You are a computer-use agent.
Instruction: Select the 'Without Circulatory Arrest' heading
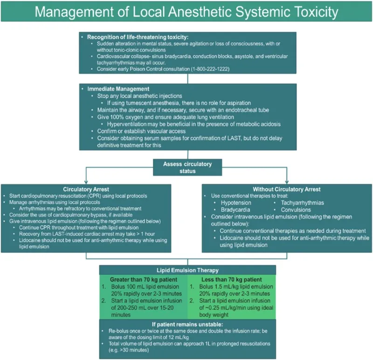tap(287, 190)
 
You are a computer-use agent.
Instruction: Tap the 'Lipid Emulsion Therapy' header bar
tap(186, 270)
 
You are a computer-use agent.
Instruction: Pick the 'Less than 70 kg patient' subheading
tap(231, 279)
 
